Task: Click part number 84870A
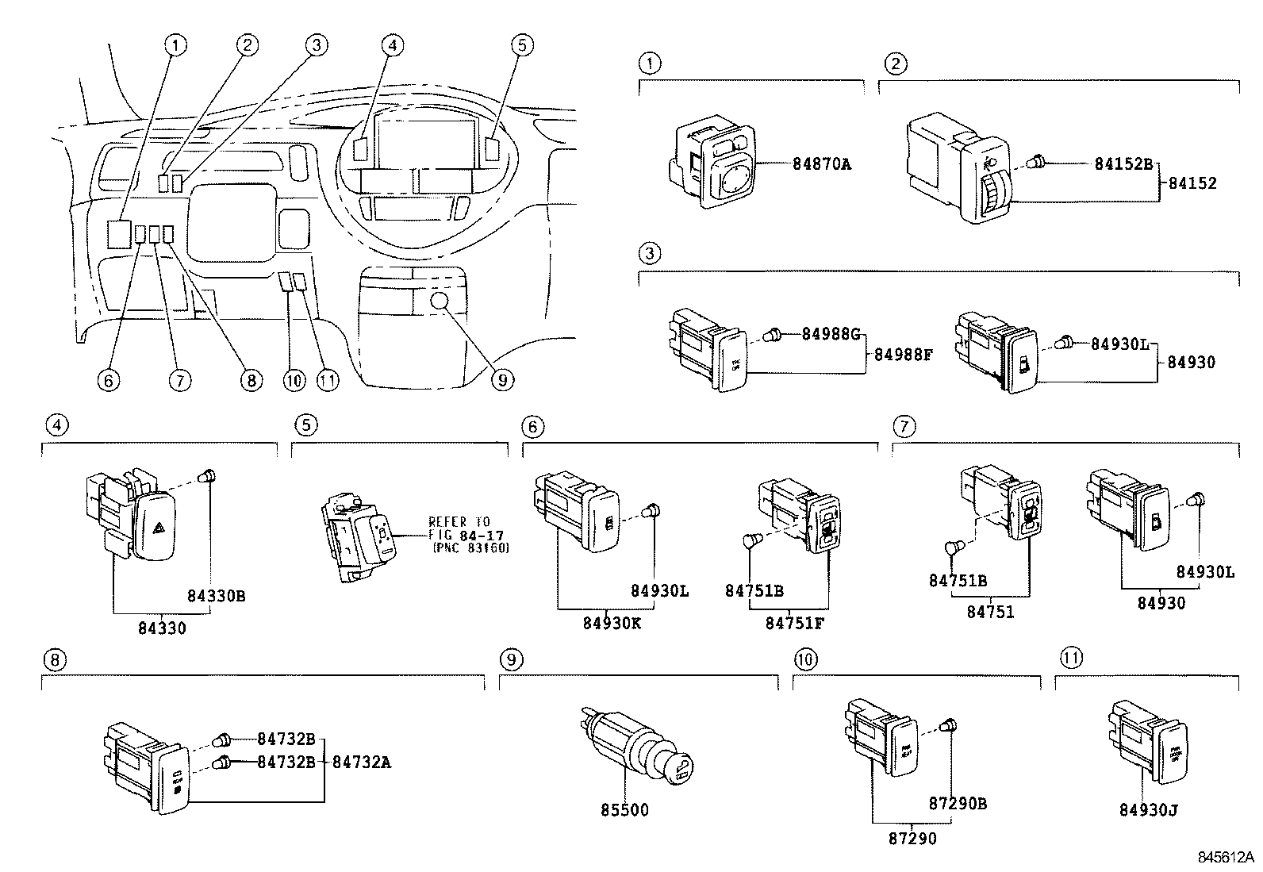click(821, 164)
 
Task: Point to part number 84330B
click(216, 596)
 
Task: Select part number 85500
click(624, 810)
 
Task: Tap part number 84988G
click(830, 334)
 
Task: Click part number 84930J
click(1148, 810)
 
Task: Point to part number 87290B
click(957, 804)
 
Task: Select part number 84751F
click(794, 623)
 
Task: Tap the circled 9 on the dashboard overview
click(501, 380)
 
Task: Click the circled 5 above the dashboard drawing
click(520, 45)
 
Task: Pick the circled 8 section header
click(54, 659)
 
